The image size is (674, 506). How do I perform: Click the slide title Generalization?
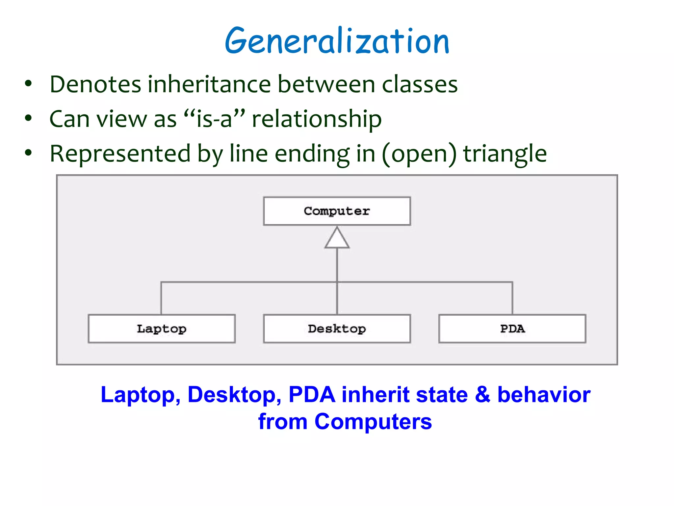[x=337, y=41]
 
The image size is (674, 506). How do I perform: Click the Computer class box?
[x=337, y=211]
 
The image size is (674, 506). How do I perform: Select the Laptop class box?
[x=162, y=328]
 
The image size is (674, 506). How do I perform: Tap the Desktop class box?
[x=337, y=328]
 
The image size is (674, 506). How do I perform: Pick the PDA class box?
[x=512, y=328]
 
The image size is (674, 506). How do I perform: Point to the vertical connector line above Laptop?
[x=161, y=298]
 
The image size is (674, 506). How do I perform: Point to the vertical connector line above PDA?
[x=512, y=298]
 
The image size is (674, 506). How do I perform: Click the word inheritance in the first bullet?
[x=209, y=84]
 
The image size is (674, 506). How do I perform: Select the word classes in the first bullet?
[x=420, y=84]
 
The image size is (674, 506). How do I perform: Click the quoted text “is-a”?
[x=214, y=119]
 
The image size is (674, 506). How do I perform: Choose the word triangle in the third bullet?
[x=505, y=154]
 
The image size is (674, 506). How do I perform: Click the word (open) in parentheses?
[x=419, y=154]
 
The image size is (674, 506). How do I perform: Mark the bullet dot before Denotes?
[x=29, y=84]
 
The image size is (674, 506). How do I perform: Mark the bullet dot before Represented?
[x=29, y=153]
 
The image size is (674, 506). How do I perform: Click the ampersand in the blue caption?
[x=482, y=394]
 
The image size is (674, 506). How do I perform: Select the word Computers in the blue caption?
[x=373, y=422]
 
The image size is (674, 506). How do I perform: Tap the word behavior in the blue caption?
[x=544, y=394]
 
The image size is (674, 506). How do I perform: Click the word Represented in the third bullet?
[x=120, y=154]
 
